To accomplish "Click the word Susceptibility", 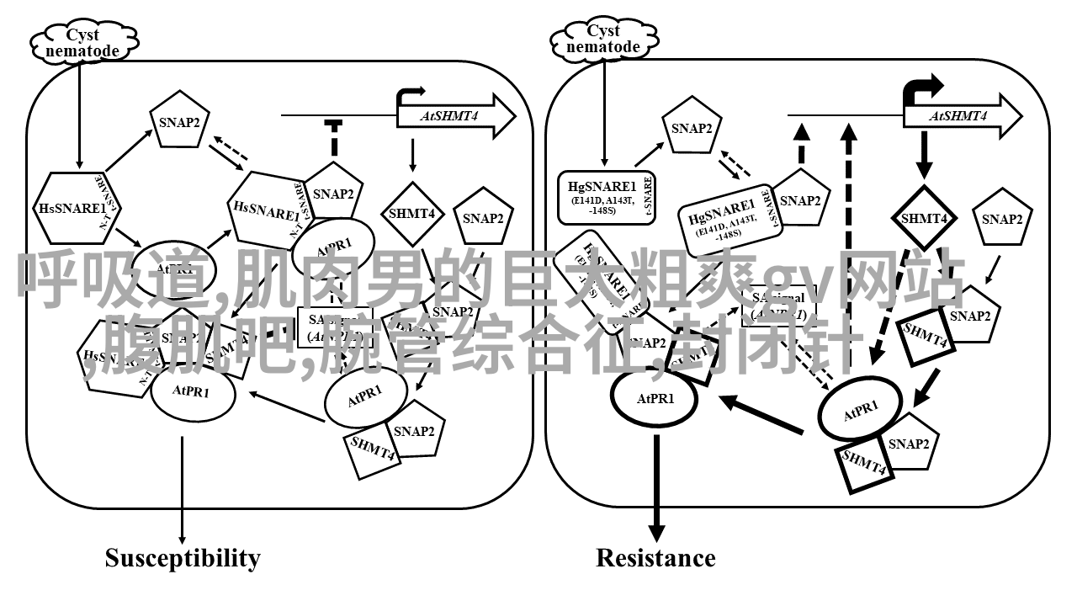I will coord(183,558).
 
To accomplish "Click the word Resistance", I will coord(655,558).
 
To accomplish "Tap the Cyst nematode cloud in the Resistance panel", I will coord(602,39).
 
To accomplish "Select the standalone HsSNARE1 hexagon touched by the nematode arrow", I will coord(72,207).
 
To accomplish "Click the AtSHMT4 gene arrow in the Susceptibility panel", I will coord(455,116).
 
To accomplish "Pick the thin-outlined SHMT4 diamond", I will coord(411,214).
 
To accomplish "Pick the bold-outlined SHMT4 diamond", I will coord(925,218).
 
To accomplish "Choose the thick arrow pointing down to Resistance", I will coord(656,488).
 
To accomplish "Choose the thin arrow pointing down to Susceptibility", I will coord(182,488).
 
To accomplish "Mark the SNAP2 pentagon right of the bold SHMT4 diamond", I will coord(1002,220).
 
